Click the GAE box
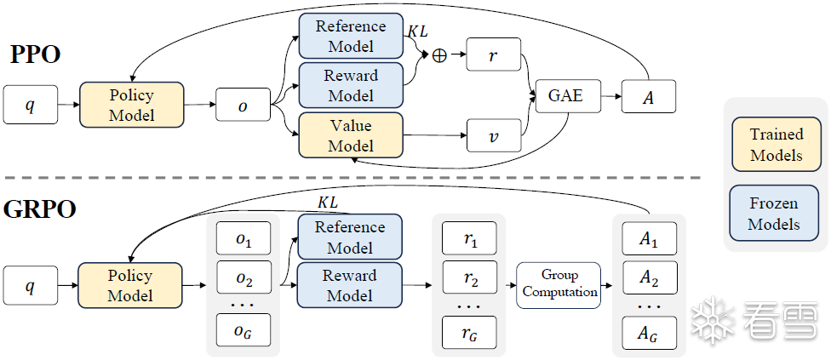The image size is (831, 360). [569, 96]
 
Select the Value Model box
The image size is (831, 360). [351, 135]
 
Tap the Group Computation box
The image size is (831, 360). [559, 285]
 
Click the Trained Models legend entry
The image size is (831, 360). [777, 144]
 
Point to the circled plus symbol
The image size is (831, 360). [439, 55]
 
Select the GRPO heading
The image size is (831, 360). [40, 209]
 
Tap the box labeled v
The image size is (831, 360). [494, 136]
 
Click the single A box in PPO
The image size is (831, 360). [649, 96]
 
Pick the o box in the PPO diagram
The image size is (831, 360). [243, 105]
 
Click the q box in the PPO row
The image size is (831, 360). [30, 104]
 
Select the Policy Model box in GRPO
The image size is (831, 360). [130, 285]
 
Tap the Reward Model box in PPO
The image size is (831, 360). [351, 85]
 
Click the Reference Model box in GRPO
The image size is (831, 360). [350, 237]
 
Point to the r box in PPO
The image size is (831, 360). [494, 54]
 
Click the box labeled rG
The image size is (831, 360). [469, 333]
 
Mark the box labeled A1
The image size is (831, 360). [649, 239]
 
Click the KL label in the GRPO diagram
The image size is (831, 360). [327, 203]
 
